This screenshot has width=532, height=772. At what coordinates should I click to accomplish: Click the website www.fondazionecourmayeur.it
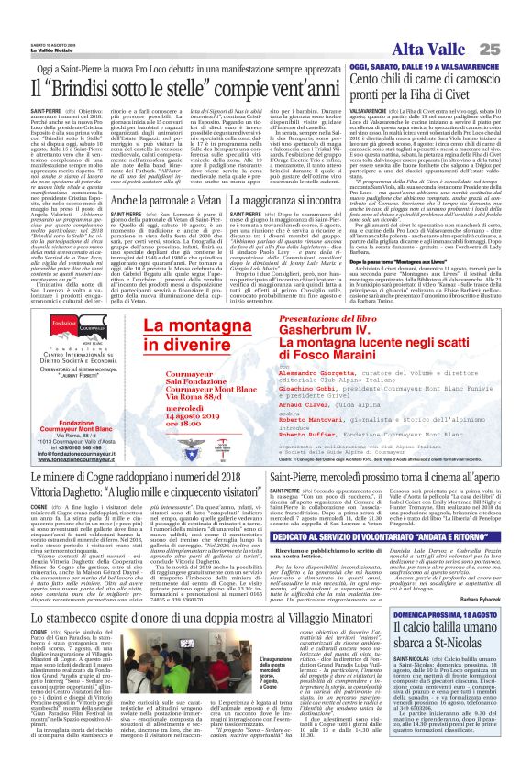(73, 457)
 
